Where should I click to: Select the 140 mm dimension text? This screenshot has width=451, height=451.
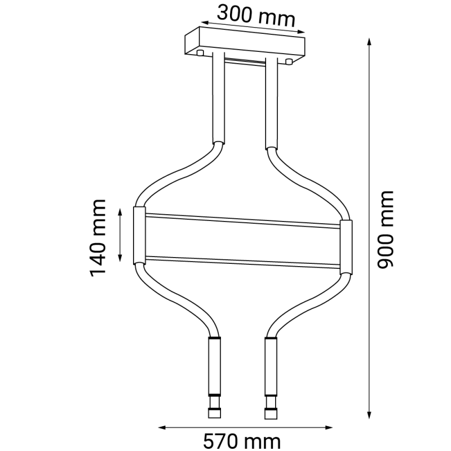click(x=98, y=237)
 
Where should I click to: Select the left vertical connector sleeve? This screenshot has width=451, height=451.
click(x=138, y=236)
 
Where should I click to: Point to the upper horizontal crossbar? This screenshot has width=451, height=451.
click(x=242, y=220)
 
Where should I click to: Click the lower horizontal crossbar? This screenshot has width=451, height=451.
click(x=242, y=260)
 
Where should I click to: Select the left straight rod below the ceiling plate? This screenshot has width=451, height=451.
click(x=218, y=99)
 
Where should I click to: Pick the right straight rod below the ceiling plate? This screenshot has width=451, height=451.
click(x=272, y=101)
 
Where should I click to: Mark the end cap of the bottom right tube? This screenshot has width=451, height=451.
click(x=271, y=413)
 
